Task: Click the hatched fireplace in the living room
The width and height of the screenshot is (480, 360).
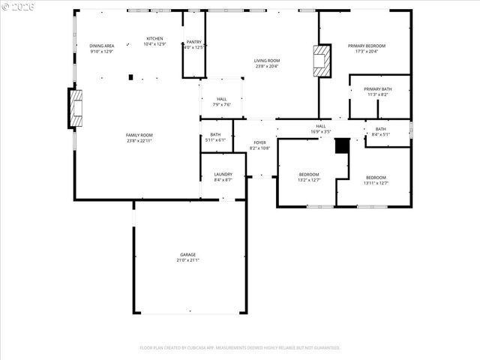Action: coord(322,60)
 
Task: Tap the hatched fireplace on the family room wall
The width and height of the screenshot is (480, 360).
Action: coord(76,109)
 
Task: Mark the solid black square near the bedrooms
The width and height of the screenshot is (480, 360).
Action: coord(342,145)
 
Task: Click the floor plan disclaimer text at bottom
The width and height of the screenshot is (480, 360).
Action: coord(240,348)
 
